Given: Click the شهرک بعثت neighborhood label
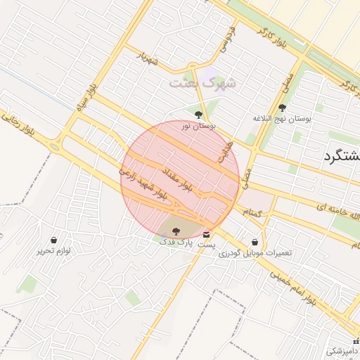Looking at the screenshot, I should point(203,82).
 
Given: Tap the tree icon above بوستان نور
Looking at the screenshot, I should point(199,114).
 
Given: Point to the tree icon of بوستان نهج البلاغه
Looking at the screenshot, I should point(283,108).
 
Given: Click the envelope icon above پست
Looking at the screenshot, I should point(206,233).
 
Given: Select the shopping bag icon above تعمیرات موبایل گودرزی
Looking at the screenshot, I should point(255,241).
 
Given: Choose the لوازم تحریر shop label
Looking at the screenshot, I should point(55,251).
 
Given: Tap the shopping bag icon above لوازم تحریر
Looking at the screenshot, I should point(55,240).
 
